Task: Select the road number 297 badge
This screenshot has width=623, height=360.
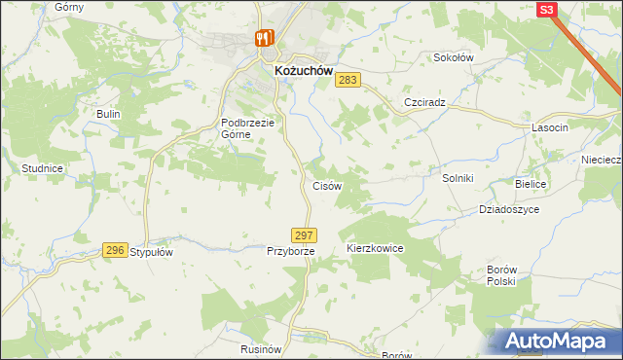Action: pyautogui.click(x=304, y=235)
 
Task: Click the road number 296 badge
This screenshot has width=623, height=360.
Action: pyautogui.click(x=115, y=250)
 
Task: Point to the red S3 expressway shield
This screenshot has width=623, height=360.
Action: pyautogui.click(x=546, y=10)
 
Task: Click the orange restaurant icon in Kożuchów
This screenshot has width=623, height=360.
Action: pyautogui.click(x=262, y=39)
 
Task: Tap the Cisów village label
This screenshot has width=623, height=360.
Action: pyautogui.click(x=326, y=186)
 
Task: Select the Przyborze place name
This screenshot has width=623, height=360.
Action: pyautogui.click(x=291, y=251)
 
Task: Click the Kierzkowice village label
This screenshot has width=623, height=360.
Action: pyautogui.click(x=375, y=249)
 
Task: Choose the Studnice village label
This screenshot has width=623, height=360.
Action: pyautogui.click(x=42, y=168)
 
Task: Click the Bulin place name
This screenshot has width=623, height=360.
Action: pyautogui.click(x=107, y=114)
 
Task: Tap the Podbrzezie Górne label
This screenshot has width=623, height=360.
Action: pyautogui.click(x=249, y=128)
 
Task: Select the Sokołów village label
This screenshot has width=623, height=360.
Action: pyautogui.click(x=453, y=57)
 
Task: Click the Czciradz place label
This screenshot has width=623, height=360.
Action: pyautogui.click(x=423, y=102)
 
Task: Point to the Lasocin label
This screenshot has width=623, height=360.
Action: pyautogui.click(x=550, y=127)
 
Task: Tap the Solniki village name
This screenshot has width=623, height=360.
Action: pyautogui.click(x=457, y=178)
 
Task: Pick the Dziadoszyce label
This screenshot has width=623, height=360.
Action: pyautogui.click(x=509, y=209)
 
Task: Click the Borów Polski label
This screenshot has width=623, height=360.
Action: pyautogui.click(x=500, y=274)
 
